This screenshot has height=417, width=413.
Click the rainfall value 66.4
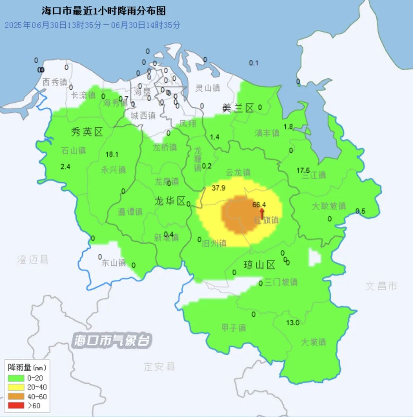coord(259,204)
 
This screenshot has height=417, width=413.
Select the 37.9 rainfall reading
coord(218,187)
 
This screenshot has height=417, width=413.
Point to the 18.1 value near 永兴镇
coord(112,155)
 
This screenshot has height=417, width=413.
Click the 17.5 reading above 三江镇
coord(303,170)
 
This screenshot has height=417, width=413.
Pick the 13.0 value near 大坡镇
coord(293,323)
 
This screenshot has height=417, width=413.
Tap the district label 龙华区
coord(170,201)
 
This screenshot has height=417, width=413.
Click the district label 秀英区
coord(87,132)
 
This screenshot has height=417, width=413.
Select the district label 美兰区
coord(238,108)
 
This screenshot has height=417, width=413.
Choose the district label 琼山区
coord(260,265)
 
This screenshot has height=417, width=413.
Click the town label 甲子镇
coord(234,328)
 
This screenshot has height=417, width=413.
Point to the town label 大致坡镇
coord(329,206)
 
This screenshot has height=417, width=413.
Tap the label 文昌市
coord(381,286)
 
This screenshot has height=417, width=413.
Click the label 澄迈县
coord(33,260)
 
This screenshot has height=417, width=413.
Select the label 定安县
coord(159,367)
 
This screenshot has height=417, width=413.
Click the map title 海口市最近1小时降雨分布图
coord(104,11)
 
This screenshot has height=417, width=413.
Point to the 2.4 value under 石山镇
coord(66,166)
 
